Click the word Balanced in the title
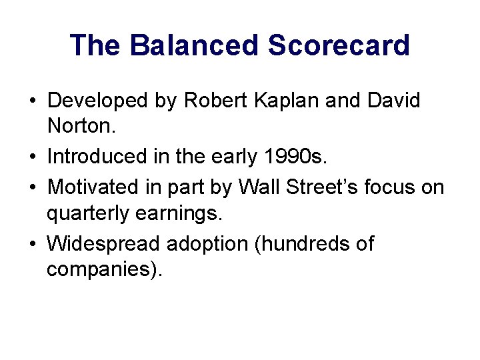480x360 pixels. [x=194, y=45]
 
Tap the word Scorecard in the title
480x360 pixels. [x=339, y=45]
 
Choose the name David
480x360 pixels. [x=397, y=101]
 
